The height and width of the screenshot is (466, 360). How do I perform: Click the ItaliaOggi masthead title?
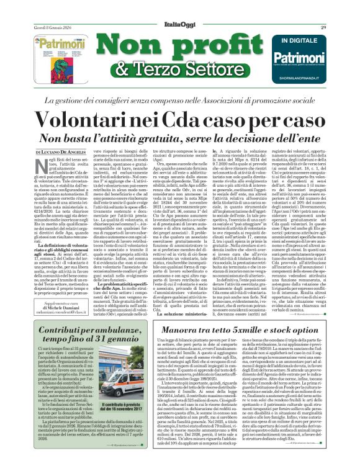(x=180, y=9)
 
